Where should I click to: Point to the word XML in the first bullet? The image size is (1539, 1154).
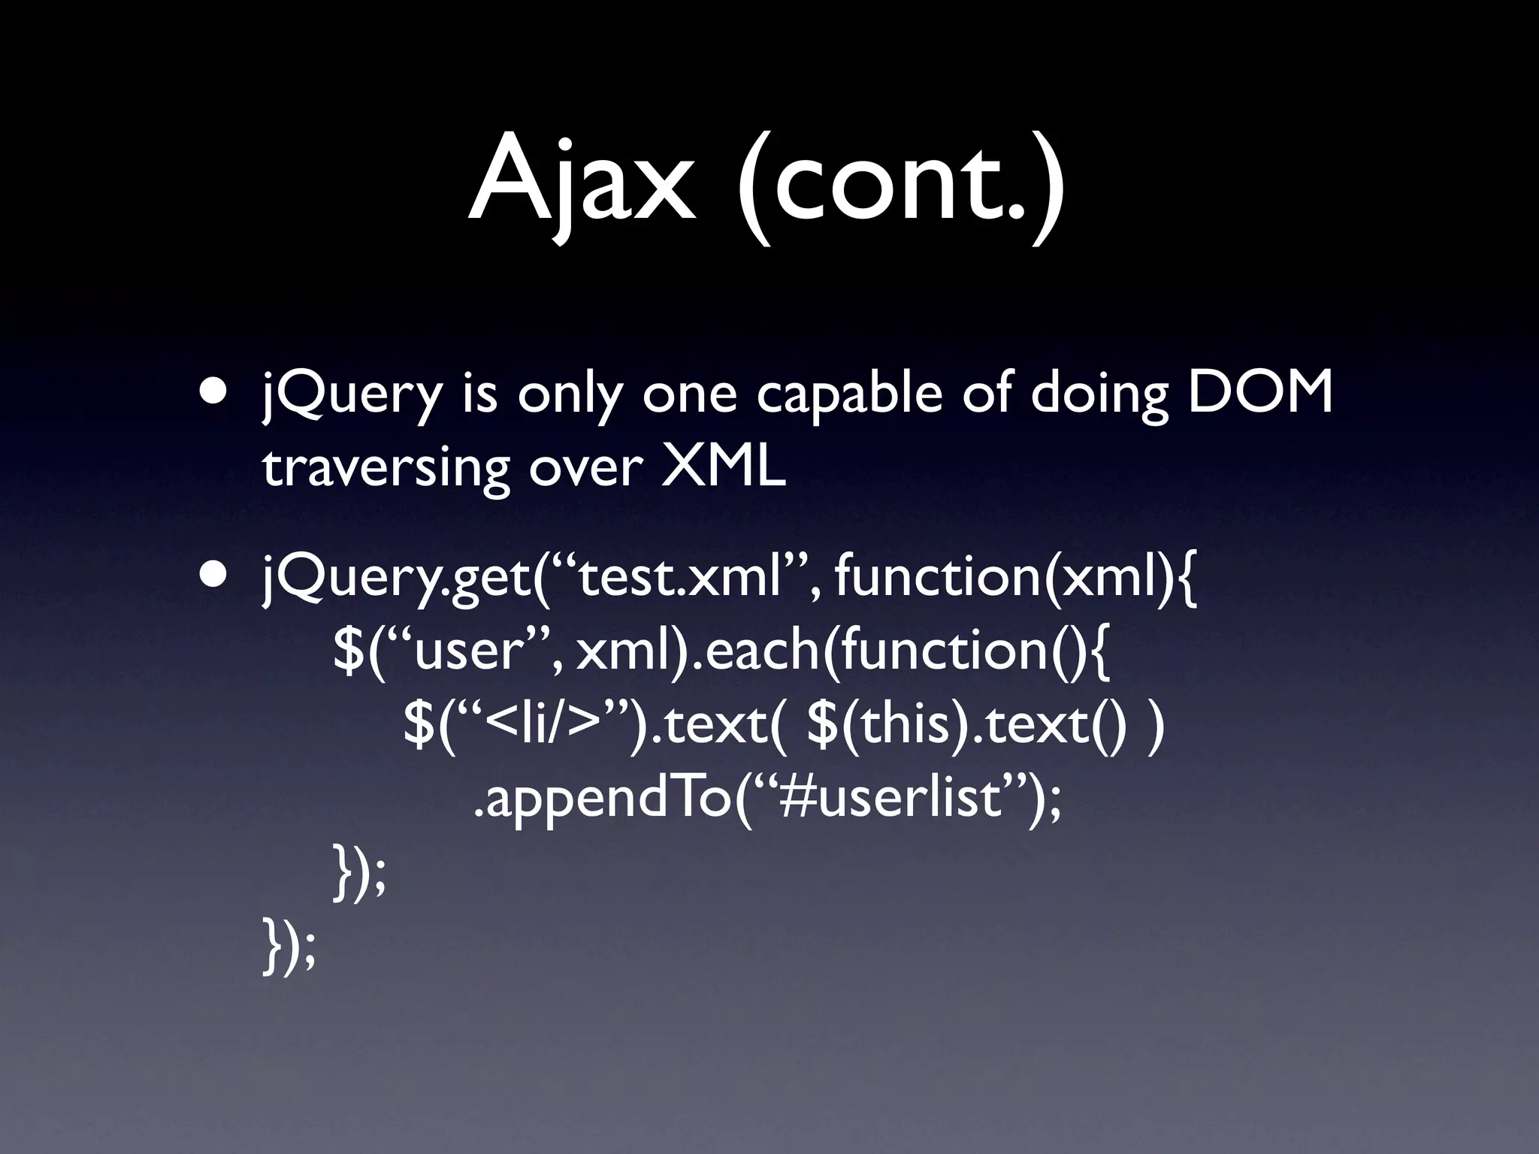click(x=723, y=467)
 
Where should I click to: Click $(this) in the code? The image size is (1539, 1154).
click(x=887, y=726)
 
